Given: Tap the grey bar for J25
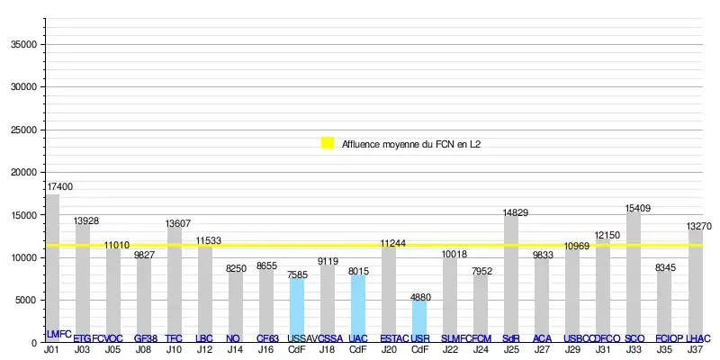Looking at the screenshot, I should pyautogui.click(x=511, y=279).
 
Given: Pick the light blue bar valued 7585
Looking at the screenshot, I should pyautogui.click(x=297, y=310).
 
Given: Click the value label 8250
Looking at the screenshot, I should pyautogui.click(x=236, y=268).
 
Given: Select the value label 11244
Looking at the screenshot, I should pyautogui.click(x=393, y=243).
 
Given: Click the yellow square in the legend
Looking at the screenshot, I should pyautogui.click(x=328, y=142).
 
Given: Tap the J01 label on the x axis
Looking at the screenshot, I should pyautogui.click(x=53, y=349).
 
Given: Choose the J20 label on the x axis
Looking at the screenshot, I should pyautogui.click(x=389, y=349).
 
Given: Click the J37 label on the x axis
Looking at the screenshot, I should pyautogui.click(x=695, y=349).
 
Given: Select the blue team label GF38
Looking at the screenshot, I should pyautogui.click(x=145, y=338).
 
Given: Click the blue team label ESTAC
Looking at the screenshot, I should pyautogui.click(x=394, y=338).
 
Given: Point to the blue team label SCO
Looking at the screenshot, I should pyautogui.click(x=634, y=338).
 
